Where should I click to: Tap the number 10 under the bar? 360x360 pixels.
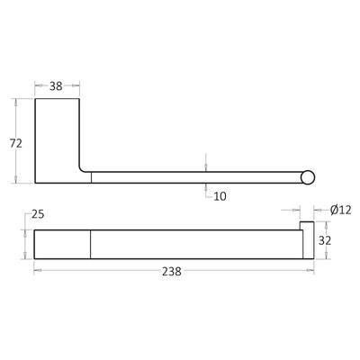point(219,196)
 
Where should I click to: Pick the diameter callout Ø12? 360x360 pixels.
point(340,210)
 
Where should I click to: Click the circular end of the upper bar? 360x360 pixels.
point(309,176)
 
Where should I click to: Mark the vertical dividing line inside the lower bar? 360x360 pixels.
point(92,244)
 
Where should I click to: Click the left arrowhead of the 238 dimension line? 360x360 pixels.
point(37,270)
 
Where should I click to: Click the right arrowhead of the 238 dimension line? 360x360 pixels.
point(310,270)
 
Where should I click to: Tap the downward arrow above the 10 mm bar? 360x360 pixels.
point(206,166)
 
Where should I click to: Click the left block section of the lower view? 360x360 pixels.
point(63,244)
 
